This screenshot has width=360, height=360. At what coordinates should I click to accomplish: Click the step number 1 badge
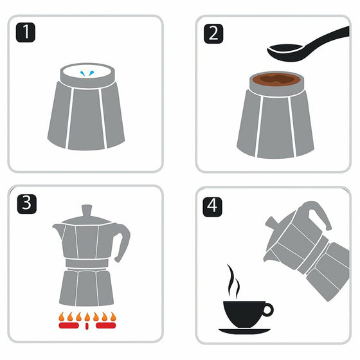click(26, 32)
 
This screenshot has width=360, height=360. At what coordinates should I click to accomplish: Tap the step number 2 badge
click(213, 33)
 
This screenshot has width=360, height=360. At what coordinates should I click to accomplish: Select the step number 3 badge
click(27, 204)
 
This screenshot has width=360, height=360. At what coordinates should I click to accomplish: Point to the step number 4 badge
click(212, 207)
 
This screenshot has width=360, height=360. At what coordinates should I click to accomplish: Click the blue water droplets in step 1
click(87, 73)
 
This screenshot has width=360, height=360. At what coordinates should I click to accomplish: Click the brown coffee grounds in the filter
click(276, 80)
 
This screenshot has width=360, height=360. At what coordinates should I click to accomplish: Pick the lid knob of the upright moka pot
click(87, 211)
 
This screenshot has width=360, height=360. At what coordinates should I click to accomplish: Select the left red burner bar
click(69, 325)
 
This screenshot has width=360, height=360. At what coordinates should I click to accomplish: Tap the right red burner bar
click(106, 325)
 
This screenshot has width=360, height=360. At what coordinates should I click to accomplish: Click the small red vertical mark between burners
click(87, 326)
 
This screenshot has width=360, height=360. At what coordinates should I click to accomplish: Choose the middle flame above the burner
click(87, 317)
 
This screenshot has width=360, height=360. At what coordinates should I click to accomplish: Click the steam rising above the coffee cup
click(233, 281)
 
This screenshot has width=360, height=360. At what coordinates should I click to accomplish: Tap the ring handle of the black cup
click(267, 309)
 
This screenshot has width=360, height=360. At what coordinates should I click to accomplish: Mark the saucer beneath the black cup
click(244, 331)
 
